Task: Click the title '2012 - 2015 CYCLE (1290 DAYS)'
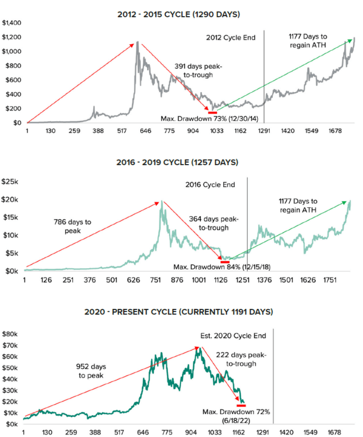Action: point(178,15)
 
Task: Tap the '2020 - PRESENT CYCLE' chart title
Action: point(178,312)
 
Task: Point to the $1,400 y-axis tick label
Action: point(12,22)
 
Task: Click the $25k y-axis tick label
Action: point(11,181)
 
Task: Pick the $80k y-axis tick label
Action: point(11,334)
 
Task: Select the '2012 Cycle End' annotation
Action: point(230,37)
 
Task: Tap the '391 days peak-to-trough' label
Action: point(198,71)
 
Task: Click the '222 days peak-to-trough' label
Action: point(241,359)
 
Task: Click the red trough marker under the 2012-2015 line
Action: point(212,113)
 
